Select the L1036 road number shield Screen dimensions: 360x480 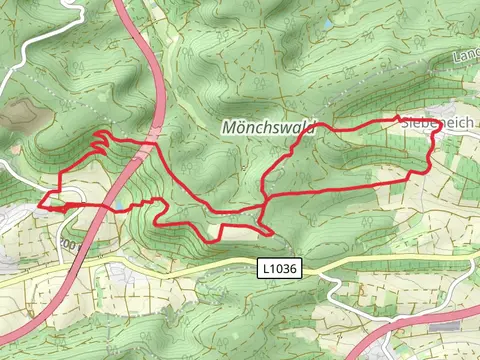tap(278, 268)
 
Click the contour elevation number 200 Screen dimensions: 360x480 tap(69, 243)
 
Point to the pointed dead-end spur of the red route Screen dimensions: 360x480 tap(271, 233)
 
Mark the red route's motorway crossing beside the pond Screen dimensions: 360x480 tap(105, 207)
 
